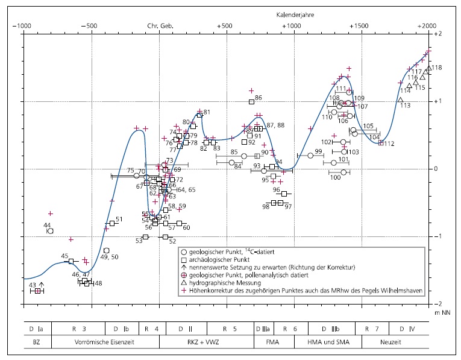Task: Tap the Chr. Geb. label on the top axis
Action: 160,26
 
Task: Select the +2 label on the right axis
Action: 438,34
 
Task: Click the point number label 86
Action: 259,98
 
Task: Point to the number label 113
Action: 405,106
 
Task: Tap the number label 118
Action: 437,68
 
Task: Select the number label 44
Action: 48,225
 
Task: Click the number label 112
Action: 389,144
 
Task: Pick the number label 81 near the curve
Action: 207,112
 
